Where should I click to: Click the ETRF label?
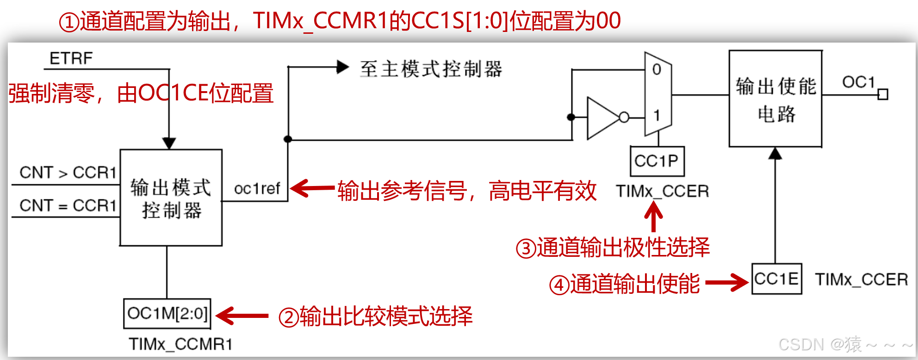click(x=71, y=58)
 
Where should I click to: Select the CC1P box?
click(x=657, y=161)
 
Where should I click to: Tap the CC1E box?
click(x=776, y=279)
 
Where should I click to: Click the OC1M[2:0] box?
click(x=167, y=313)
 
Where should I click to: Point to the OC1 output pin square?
click(x=883, y=94)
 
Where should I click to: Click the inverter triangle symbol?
click(x=602, y=118)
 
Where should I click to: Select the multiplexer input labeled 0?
click(x=657, y=70)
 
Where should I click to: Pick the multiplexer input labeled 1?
click(x=657, y=115)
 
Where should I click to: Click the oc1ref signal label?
click(x=257, y=189)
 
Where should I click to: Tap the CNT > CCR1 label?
click(x=68, y=173)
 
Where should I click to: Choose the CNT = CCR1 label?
click(x=68, y=205)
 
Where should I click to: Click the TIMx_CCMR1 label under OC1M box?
click(x=180, y=344)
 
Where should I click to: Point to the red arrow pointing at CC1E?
click(x=726, y=282)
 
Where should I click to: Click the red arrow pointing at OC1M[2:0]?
click(x=242, y=316)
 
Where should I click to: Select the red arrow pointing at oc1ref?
click(x=312, y=188)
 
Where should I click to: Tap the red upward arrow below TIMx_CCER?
click(x=653, y=217)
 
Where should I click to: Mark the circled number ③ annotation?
click(x=526, y=248)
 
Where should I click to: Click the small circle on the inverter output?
click(x=624, y=118)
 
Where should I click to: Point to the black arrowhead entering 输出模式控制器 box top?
click(x=169, y=143)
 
